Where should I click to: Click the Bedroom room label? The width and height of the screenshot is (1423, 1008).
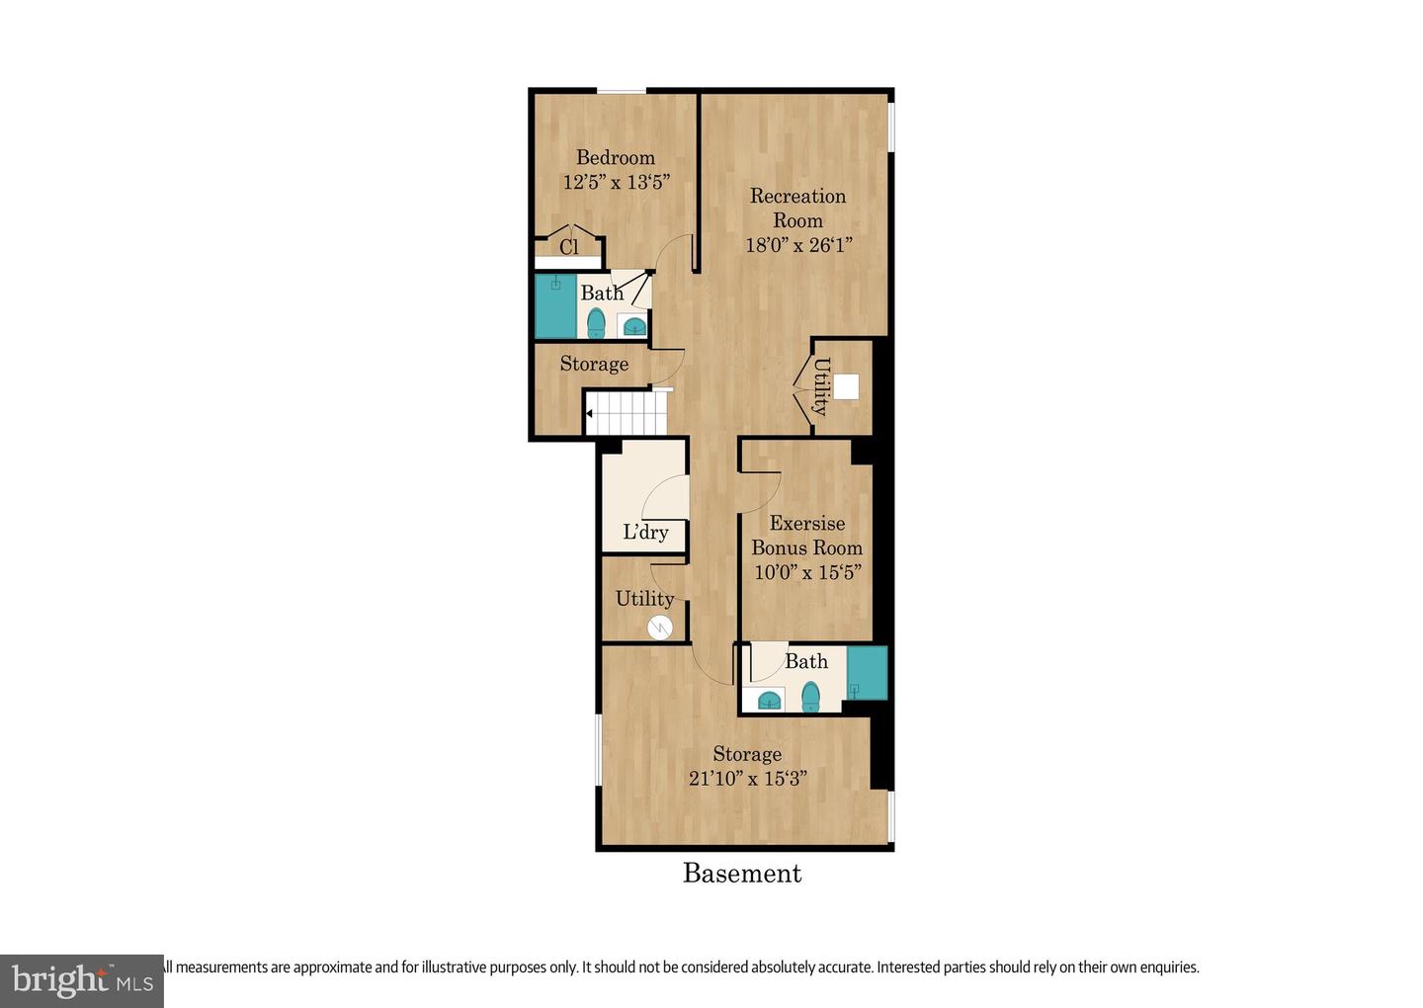(x=615, y=158)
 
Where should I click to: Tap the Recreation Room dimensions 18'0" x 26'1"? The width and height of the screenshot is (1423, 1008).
(x=798, y=245)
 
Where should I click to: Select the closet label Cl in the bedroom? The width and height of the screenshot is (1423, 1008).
(x=569, y=247)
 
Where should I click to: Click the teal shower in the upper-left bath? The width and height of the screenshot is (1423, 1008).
(x=555, y=307)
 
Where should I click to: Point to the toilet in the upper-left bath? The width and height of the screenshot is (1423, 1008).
(x=596, y=323)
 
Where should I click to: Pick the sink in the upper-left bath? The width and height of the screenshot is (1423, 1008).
(x=633, y=326)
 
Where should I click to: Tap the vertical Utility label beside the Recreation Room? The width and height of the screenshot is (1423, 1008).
(x=820, y=386)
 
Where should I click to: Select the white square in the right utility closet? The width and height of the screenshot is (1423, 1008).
(x=846, y=386)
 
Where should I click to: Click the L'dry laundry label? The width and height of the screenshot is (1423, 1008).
(x=645, y=533)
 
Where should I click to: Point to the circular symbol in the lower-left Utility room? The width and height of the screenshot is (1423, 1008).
(x=660, y=627)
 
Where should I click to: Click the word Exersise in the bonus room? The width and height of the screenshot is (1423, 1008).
(x=807, y=524)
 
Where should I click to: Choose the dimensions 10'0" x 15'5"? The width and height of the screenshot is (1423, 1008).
(x=807, y=572)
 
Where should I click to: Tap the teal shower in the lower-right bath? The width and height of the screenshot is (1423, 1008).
(x=867, y=673)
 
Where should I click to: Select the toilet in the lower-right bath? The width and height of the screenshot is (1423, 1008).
(x=810, y=697)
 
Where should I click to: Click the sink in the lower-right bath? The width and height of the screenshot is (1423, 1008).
(x=770, y=701)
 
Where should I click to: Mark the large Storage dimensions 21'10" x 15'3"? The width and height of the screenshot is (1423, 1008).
(x=747, y=779)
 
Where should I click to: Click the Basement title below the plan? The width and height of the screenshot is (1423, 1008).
(x=742, y=874)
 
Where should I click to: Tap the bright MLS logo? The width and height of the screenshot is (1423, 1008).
(x=82, y=980)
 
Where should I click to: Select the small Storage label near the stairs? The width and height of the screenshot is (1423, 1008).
(x=594, y=365)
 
